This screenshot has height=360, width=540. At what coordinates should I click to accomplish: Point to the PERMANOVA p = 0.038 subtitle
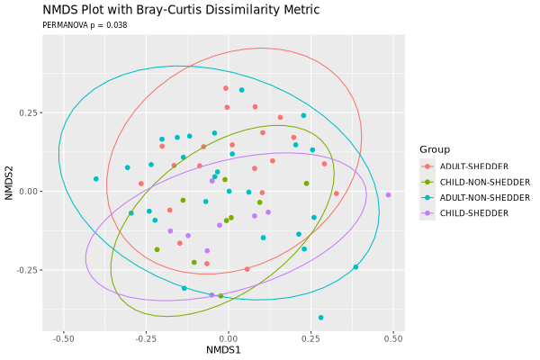(x=85, y=25)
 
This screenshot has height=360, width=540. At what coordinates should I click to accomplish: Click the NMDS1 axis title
(x=223, y=348)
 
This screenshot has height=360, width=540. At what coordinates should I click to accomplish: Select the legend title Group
(x=434, y=149)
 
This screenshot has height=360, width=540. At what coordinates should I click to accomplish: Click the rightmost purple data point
(x=388, y=194)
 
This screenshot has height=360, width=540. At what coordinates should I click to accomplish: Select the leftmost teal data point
(x=96, y=179)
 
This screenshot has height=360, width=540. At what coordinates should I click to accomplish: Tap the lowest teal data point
(x=320, y=318)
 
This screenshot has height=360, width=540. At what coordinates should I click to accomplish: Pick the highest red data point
(x=226, y=88)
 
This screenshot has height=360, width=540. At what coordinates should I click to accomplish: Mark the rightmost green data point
(x=306, y=184)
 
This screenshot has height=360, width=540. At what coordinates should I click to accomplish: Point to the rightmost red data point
(x=337, y=193)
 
